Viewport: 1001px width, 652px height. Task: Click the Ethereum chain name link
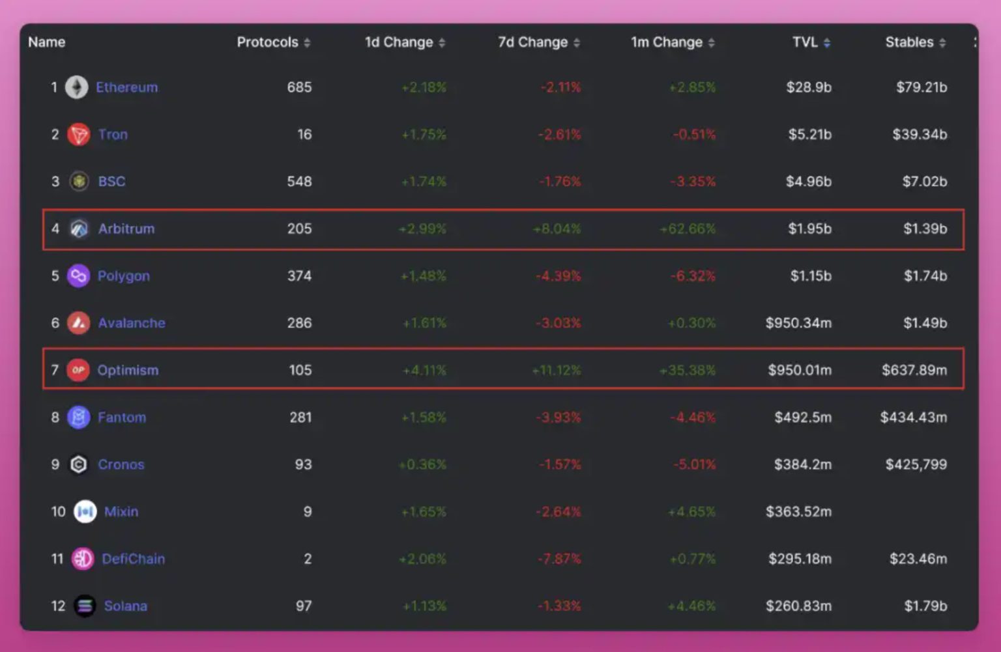(126, 87)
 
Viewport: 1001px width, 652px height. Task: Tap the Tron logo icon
(79, 135)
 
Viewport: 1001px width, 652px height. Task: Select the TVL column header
(805, 42)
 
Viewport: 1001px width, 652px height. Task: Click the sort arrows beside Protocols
(307, 43)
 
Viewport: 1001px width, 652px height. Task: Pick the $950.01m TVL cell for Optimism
(800, 371)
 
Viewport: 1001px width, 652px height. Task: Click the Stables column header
(909, 42)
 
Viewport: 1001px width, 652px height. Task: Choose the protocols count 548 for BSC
(299, 182)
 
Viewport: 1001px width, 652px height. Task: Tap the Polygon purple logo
(78, 276)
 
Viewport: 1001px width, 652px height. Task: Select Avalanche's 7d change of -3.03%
(559, 323)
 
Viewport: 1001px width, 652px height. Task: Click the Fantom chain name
(122, 418)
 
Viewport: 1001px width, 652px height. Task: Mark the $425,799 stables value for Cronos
(916, 465)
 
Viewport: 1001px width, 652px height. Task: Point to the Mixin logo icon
(85, 512)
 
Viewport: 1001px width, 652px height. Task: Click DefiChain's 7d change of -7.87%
(559, 559)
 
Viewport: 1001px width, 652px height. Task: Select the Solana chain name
(126, 606)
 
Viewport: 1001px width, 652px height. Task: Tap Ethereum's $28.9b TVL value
(809, 87)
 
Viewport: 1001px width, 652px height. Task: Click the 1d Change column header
(399, 42)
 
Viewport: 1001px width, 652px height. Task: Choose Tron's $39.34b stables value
(920, 135)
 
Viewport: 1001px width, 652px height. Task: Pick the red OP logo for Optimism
(78, 371)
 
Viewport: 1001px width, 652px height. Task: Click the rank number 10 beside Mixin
(58, 512)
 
